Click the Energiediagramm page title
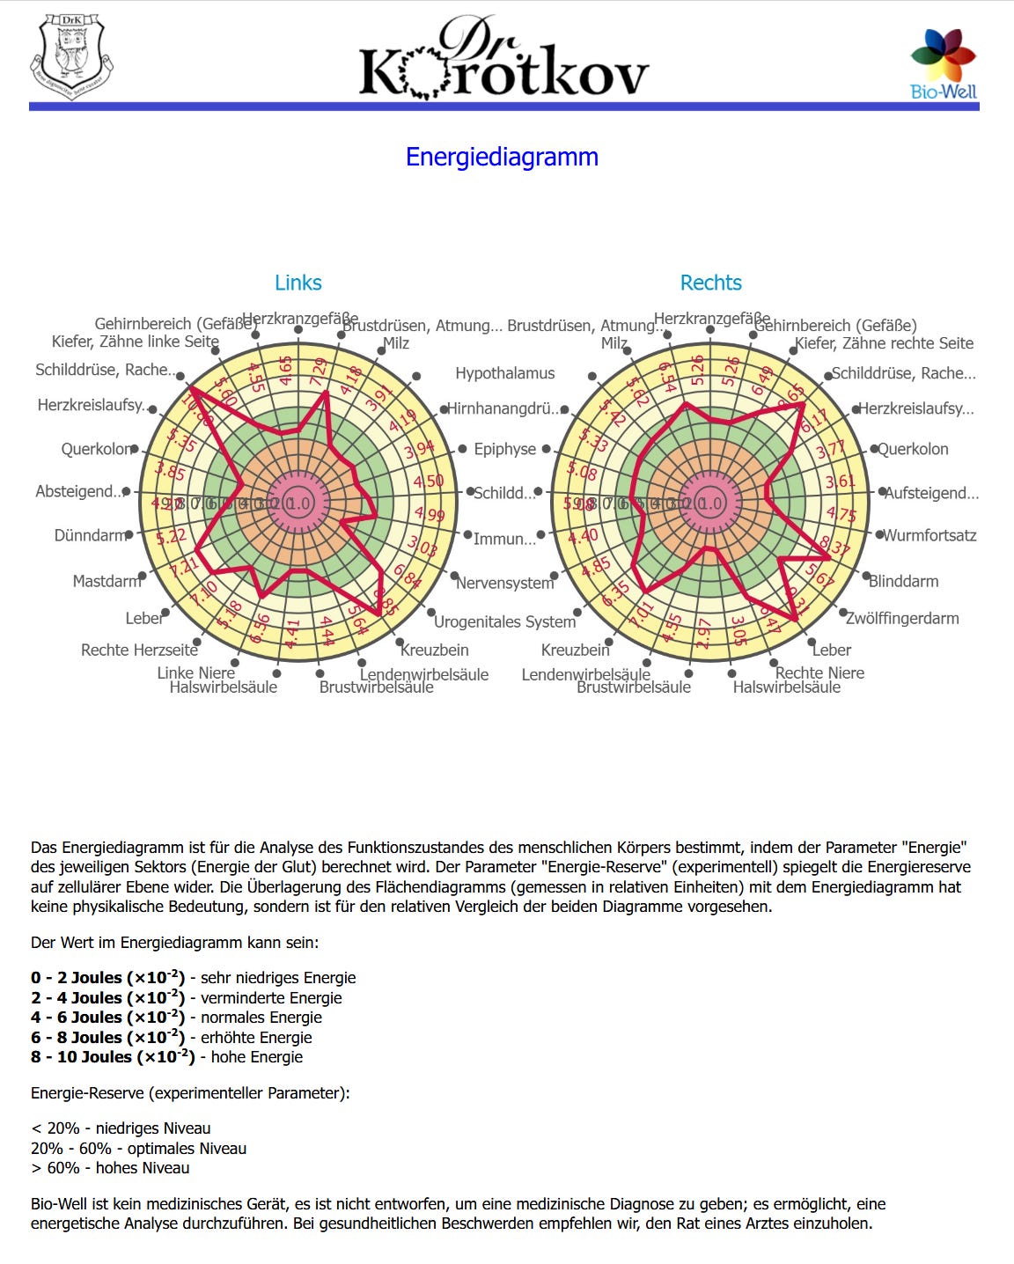tap(502, 157)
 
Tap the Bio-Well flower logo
tap(943, 56)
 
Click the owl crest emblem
tap(72, 55)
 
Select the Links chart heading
tap(298, 283)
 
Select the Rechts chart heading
tap(710, 283)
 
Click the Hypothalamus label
tap(504, 373)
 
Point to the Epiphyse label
tap(504, 449)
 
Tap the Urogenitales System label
tap(504, 621)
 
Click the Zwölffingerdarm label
tap(902, 618)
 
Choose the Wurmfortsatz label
tap(929, 535)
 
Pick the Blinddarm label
tap(903, 581)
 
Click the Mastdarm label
tap(107, 581)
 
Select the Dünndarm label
tap(90, 535)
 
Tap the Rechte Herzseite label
tap(139, 650)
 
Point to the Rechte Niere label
tap(819, 672)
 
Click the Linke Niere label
tap(195, 672)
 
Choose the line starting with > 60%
tap(110, 1168)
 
